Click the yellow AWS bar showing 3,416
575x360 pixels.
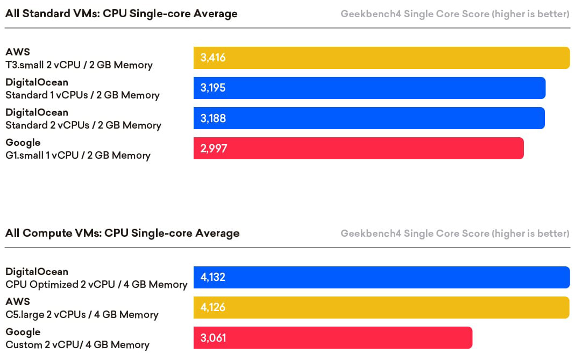coord(381,58)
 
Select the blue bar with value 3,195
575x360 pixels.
coord(370,88)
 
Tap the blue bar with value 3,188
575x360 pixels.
coord(369,118)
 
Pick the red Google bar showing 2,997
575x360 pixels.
coord(358,149)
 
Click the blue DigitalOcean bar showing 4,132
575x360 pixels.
coord(381,278)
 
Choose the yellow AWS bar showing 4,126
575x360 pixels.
coord(381,308)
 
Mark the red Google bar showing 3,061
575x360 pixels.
coord(332,338)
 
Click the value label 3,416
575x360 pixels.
coord(212,58)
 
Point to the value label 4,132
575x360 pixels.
coord(212,278)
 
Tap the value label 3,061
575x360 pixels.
coord(213,338)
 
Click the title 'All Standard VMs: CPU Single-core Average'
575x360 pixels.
coord(121,13)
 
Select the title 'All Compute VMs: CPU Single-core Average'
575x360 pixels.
coord(122,233)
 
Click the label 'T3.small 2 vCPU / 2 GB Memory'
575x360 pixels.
coord(79,65)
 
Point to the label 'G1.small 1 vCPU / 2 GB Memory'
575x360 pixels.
coord(78,156)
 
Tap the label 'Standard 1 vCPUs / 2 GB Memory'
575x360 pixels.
coord(82,95)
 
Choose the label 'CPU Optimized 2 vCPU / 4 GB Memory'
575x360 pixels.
coord(96,285)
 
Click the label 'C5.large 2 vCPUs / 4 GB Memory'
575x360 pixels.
coord(82,315)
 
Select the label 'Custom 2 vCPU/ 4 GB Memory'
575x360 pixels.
coord(77,345)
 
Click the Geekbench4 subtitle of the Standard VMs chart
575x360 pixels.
coord(455,14)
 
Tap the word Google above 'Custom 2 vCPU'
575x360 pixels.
coord(23,332)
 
